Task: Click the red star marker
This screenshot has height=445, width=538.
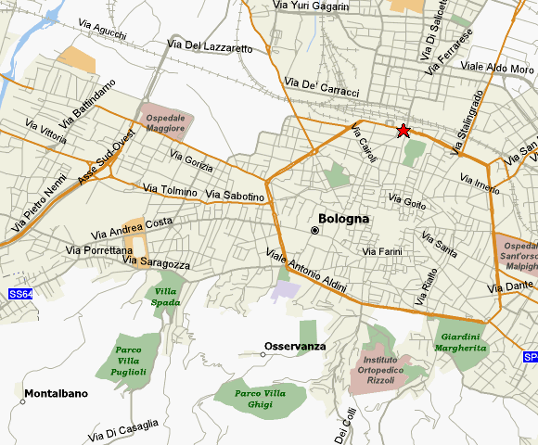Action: (403, 131)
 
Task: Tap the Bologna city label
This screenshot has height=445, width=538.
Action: (343, 220)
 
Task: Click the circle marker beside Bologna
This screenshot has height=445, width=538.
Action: (315, 230)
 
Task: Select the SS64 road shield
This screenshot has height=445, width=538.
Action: (19, 294)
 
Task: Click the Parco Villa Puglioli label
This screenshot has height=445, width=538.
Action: (131, 361)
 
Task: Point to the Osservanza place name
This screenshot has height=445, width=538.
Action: (295, 346)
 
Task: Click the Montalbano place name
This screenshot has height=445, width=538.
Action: (56, 393)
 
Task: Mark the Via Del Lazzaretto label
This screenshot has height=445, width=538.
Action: (211, 45)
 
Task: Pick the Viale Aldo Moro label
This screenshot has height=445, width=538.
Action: (497, 68)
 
